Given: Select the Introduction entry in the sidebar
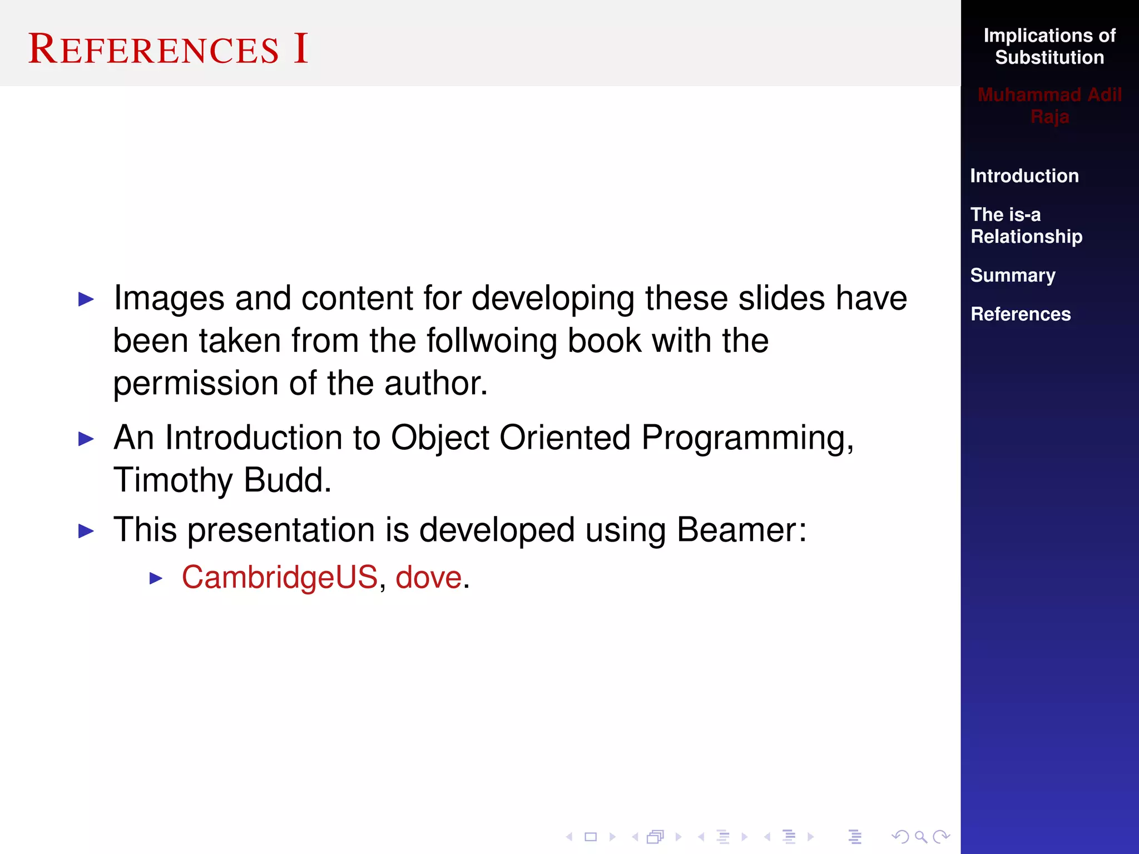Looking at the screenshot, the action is pos(1024,176).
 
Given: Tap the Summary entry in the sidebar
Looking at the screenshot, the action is pos(1012,275).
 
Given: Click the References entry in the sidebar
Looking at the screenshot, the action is pos(1020,314).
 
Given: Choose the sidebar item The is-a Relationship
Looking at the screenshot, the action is pos(1026,226).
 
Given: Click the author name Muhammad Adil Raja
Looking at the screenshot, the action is pos(1049,106).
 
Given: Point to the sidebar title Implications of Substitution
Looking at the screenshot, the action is pos(1049,47).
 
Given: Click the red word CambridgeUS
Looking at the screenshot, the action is pos(280,577).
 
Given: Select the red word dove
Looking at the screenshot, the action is pos(428,577).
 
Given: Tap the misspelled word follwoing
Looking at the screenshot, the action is pos(492,341).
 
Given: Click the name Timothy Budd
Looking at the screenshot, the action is pos(222,480).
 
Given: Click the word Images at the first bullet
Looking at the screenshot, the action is pos(169,299).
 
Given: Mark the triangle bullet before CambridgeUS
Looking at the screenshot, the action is pos(156,579).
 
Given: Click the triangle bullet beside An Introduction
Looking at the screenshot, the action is pos(86,439).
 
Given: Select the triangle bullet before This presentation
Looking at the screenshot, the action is pos(86,531).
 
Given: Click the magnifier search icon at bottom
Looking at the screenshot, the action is pos(920,837).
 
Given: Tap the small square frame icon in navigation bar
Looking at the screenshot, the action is pos(591,837).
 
